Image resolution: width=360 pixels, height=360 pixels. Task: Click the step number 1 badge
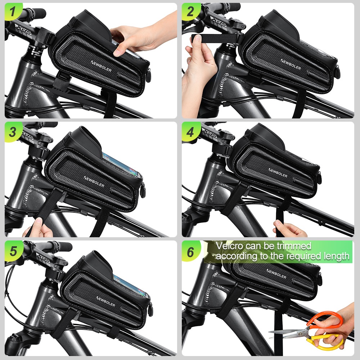(x=13, y=11)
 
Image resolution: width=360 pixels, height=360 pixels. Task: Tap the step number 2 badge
(x=190, y=11)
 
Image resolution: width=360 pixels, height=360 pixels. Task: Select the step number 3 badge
(x=13, y=132)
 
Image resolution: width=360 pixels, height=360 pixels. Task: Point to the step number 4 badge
(x=190, y=132)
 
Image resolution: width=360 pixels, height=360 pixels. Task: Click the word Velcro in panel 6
(x=229, y=246)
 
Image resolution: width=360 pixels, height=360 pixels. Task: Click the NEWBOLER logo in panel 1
(x=101, y=66)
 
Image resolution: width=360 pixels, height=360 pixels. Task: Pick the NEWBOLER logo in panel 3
(x=94, y=181)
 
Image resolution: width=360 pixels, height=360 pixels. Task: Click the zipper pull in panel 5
(x=151, y=309)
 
